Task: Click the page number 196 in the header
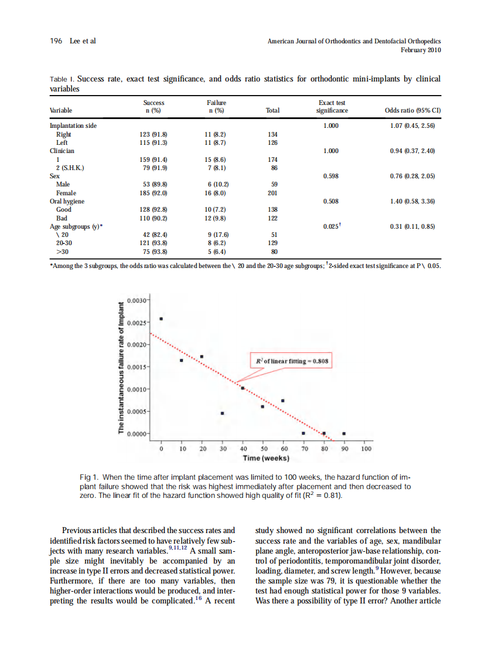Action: (x=56, y=41)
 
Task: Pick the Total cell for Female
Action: (x=272, y=193)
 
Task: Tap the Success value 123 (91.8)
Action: (x=154, y=134)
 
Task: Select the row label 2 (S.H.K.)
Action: (x=70, y=168)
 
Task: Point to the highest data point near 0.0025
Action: (x=161, y=319)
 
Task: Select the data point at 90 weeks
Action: (x=344, y=433)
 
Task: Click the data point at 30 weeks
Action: (x=223, y=413)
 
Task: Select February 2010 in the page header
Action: (x=421, y=50)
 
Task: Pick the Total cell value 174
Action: (x=272, y=160)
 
